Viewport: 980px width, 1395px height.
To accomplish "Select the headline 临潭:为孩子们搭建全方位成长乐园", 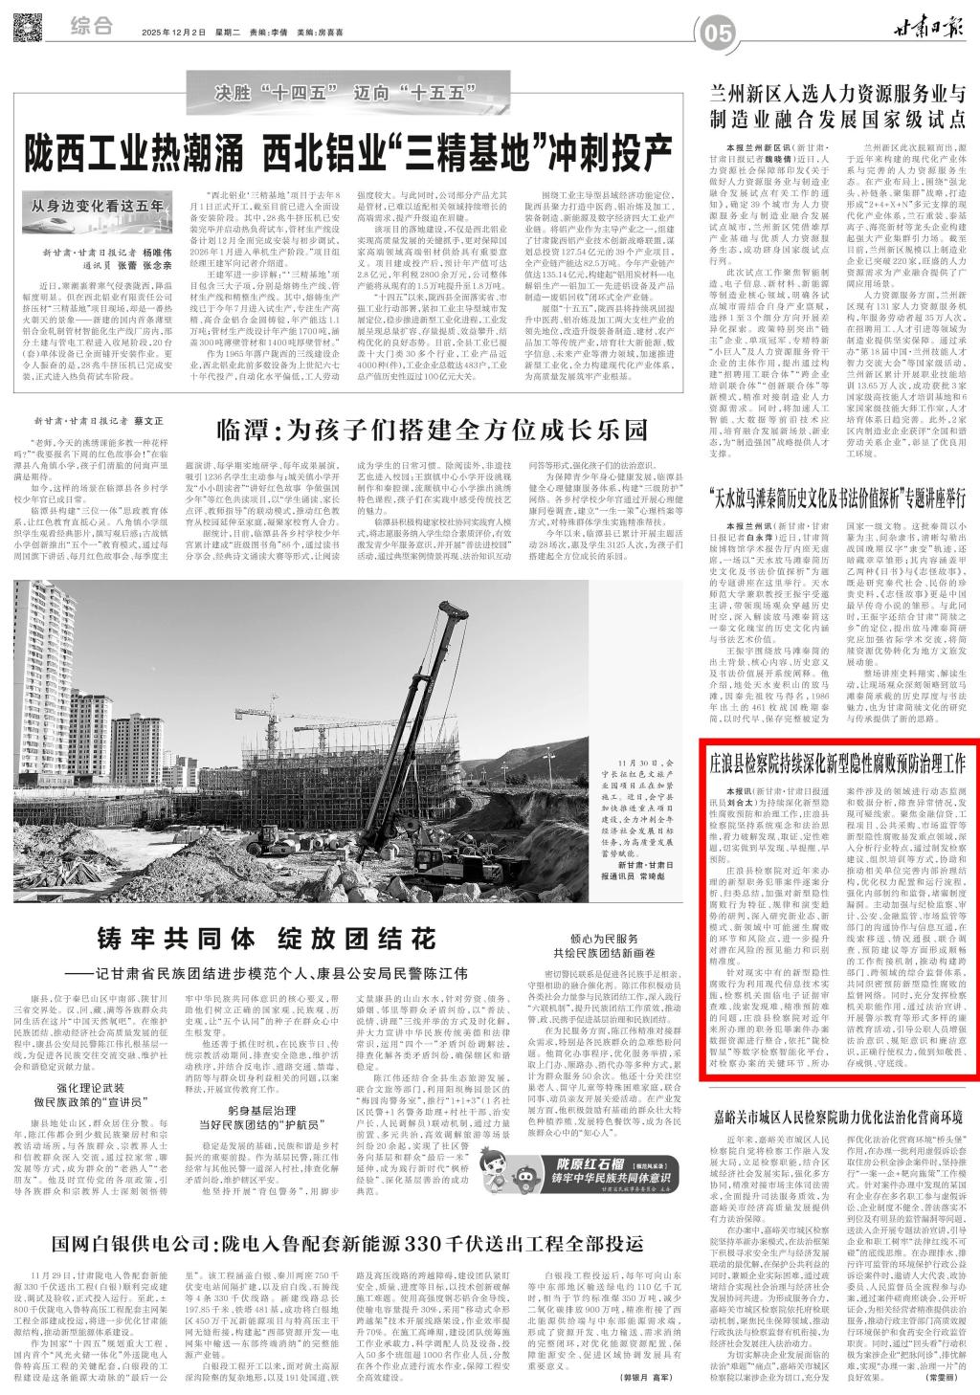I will [432, 429].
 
